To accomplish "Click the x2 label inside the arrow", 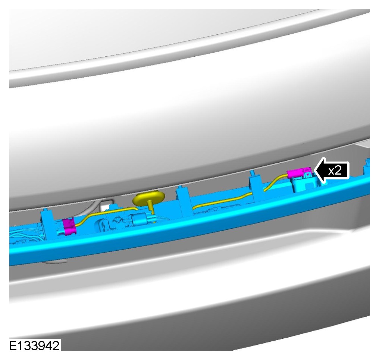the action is click(335, 171).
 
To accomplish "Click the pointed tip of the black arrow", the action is click(314, 170).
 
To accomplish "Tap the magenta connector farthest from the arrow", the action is click(69, 226).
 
